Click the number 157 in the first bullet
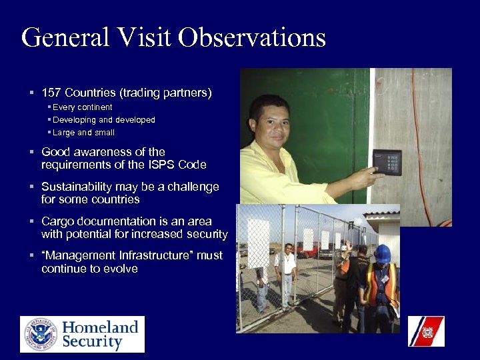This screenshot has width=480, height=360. (51, 93)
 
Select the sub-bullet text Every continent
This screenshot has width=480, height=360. (83, 107)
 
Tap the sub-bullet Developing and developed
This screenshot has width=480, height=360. (104, 120)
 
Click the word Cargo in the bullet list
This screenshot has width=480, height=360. (56, 221)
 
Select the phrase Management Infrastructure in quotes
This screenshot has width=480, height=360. (120, 256)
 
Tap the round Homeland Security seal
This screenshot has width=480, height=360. (41, 334)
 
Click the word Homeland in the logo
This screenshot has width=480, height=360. (100, 327)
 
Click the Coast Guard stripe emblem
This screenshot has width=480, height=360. (426, 331)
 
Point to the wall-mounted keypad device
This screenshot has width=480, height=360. (387, 161)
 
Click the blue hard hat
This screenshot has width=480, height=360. (382, 253)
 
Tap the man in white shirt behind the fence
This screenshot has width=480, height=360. (287, 267)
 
